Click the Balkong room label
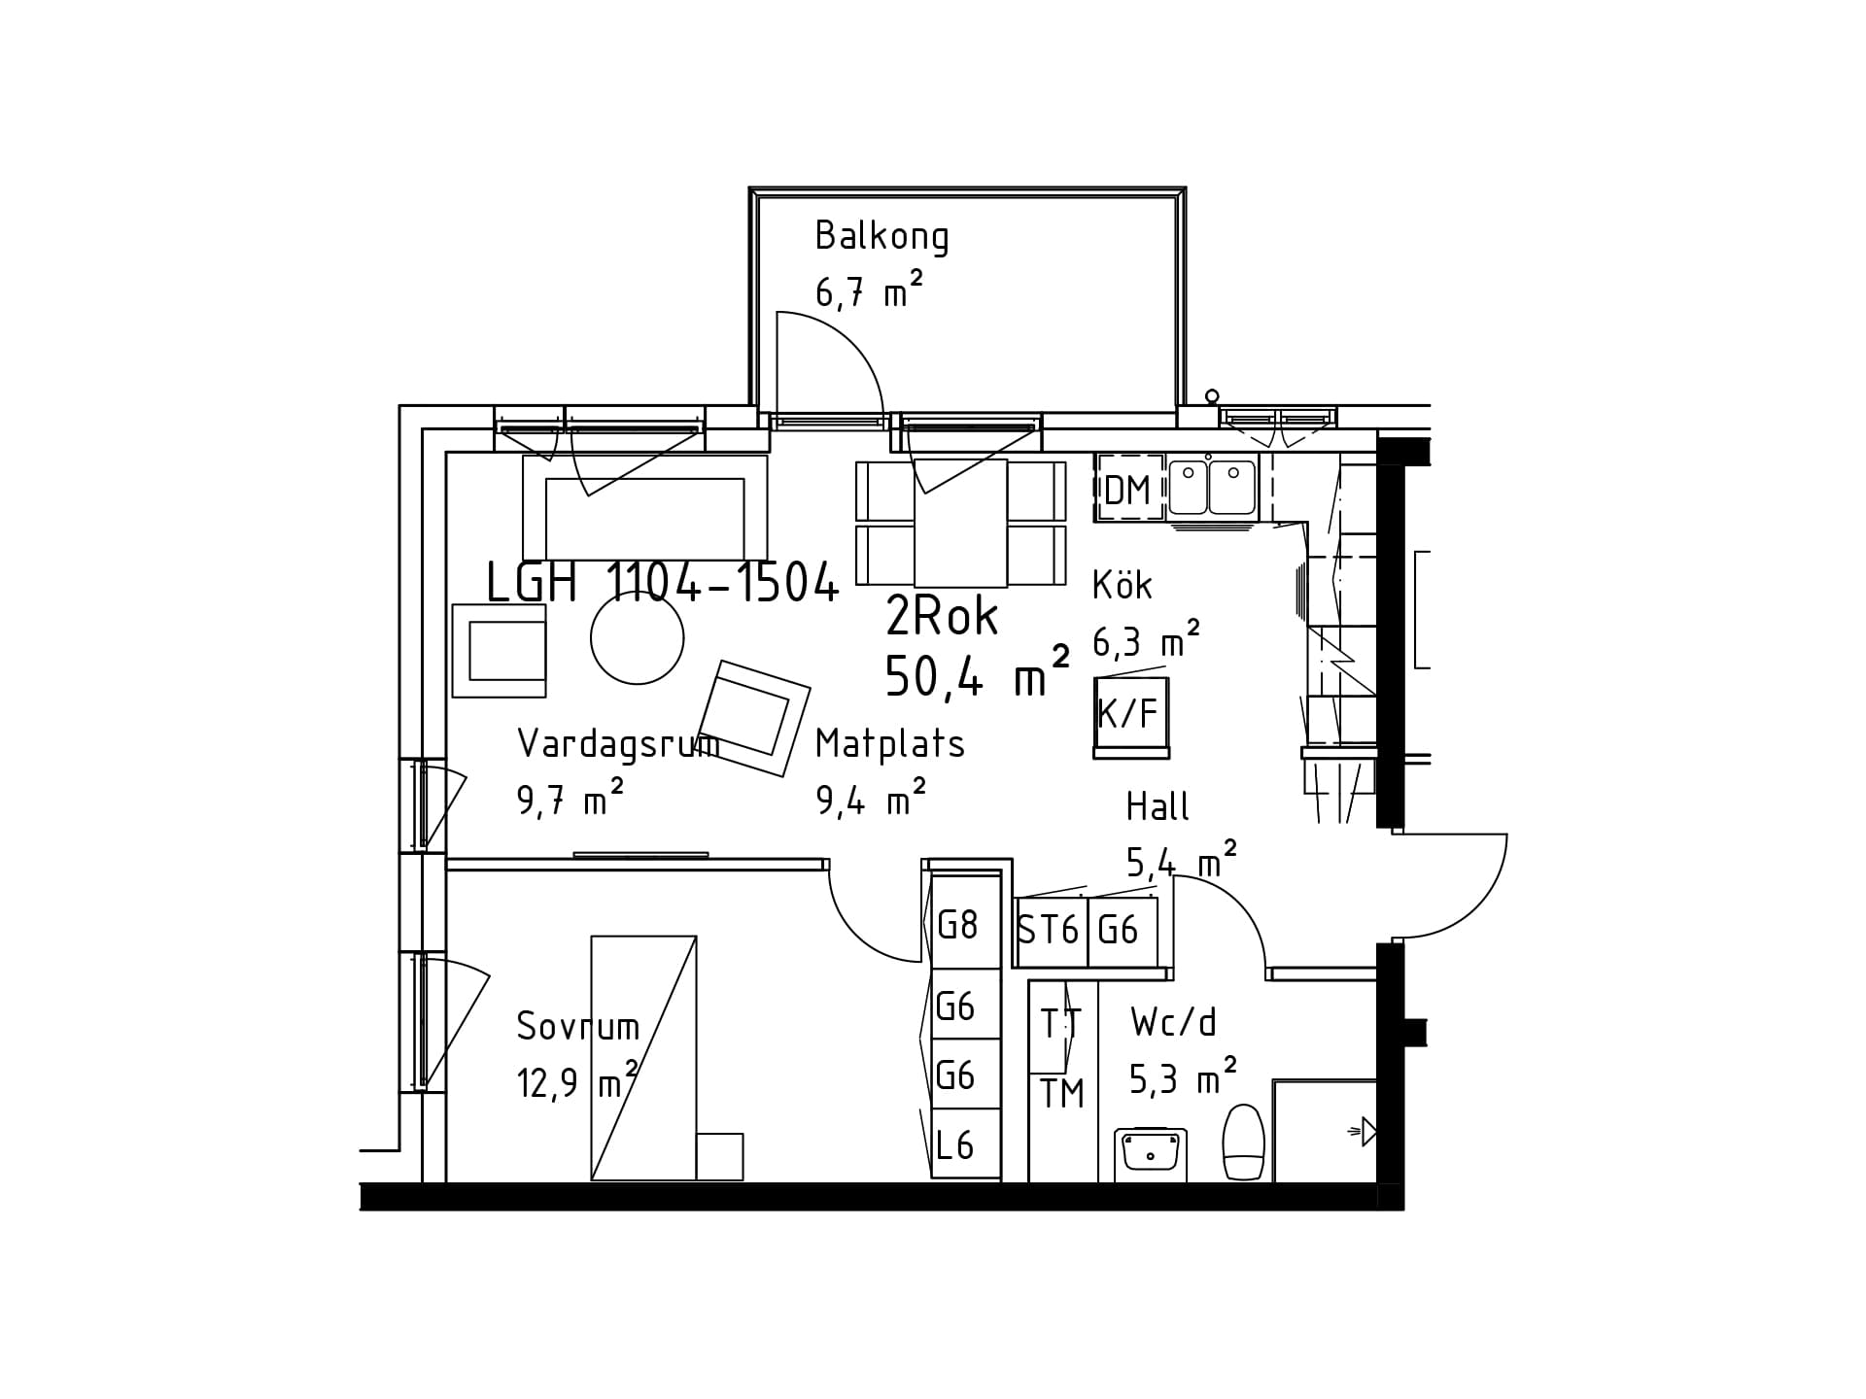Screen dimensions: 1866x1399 pyautogui.click(x=881, y=237)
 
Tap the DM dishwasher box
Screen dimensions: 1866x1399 pyautogui.click(x=1129, y=489)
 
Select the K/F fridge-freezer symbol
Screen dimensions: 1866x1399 pyautogui.click(x=1130, y=717)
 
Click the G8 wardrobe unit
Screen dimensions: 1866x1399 pyautogui.click(x=965, y=922)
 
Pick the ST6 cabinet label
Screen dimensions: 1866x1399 pyautogui.click(x=1049, y=931)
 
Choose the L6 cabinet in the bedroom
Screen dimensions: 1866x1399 pyautogui.click(x=965, y=1144)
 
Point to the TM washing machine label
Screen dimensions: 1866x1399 pyautogui.click(x=1062, y=1094)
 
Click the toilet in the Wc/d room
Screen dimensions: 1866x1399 pyautogui.click(x=1243, y=1143)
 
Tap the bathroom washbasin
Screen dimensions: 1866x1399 pyautogui.click(x=1151, y=1154)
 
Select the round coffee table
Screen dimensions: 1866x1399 pyautogui.click(x=638, y=637)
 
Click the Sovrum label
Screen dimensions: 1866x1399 pyautogui.click(x=578, y=1026)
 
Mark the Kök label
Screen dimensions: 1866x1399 pyautogui.click(x=1123, y=585)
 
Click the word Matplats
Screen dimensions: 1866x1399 pyautogui.click(x=890, y=743)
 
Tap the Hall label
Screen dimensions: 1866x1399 pyautogui.click(x=1158, y=806)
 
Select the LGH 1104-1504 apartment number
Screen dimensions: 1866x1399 pyautogui.click(x=662, y=583)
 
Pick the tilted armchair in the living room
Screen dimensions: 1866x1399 pyautogui.click(x=754, y=718)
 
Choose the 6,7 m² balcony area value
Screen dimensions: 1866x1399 pyautogui.click(x=868, y=290)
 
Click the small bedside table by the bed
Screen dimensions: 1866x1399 pyautogui.click(x=720, y=1156)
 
